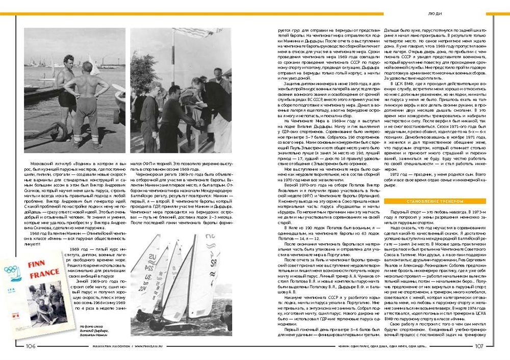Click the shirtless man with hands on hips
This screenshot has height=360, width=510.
89,99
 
